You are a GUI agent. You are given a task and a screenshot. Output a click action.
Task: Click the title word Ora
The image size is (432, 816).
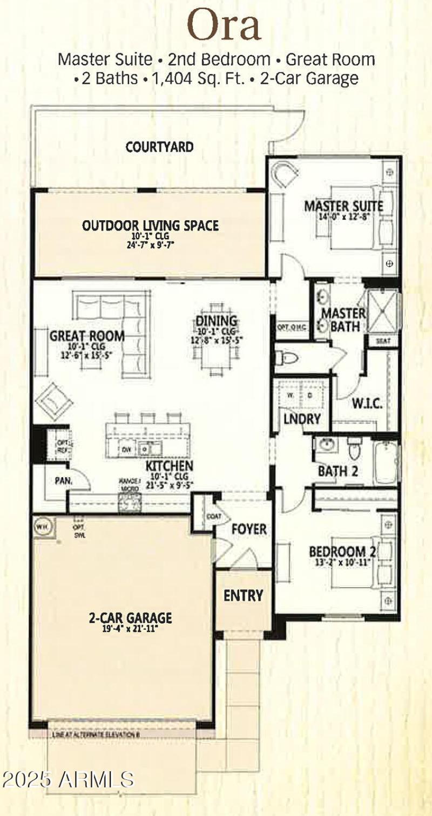coord(224,25)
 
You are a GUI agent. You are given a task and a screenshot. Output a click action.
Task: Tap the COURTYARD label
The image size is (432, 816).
coord(159,146)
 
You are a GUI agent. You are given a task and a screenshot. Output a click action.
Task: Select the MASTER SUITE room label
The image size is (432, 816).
coord(343,206)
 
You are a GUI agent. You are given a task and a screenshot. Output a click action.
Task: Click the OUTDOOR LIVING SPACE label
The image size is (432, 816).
coord(150,225)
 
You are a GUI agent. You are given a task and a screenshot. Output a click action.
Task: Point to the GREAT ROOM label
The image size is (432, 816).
coord(87,336)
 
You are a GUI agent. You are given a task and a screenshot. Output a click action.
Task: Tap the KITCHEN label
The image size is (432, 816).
coord(168,466)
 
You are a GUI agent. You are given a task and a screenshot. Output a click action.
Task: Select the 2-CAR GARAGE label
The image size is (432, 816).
coord(130,617)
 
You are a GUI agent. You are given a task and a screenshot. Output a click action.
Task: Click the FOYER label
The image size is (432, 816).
coord(249,528)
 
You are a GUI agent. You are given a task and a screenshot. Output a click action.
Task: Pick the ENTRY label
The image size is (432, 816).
coord(243,595)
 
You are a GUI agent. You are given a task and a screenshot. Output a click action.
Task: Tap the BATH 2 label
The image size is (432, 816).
coord(338,471)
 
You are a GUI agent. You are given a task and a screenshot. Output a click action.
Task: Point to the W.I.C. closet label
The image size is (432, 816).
coord(367,404)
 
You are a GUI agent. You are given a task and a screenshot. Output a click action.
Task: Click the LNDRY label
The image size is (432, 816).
coord(302,419)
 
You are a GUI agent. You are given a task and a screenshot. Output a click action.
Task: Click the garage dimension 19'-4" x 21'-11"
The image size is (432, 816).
coord(130,629)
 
